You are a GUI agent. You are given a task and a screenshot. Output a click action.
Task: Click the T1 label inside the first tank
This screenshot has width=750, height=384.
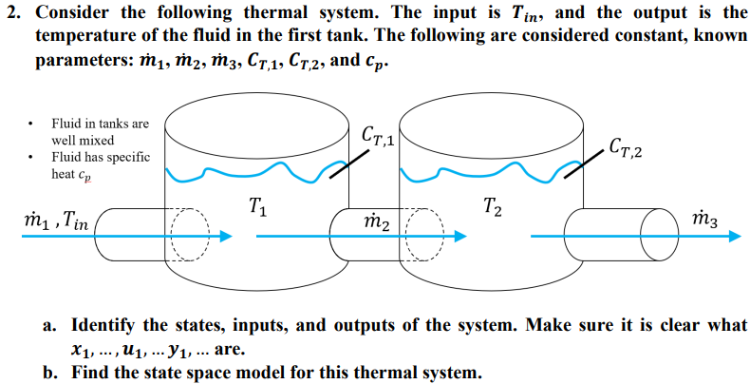pyautogui.click(x=256, y=203)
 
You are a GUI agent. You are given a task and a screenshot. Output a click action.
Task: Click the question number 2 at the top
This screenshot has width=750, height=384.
pyautogui.click(x=10, y=12)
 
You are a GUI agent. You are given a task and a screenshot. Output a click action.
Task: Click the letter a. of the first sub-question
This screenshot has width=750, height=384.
pyautogui.click(x=51, y=325)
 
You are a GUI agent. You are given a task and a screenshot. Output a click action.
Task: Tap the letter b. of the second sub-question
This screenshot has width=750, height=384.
pyautogui.click(x=51, y=371)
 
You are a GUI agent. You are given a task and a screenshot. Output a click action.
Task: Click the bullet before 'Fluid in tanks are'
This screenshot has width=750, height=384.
pyautogui.click(x=33, y=125)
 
